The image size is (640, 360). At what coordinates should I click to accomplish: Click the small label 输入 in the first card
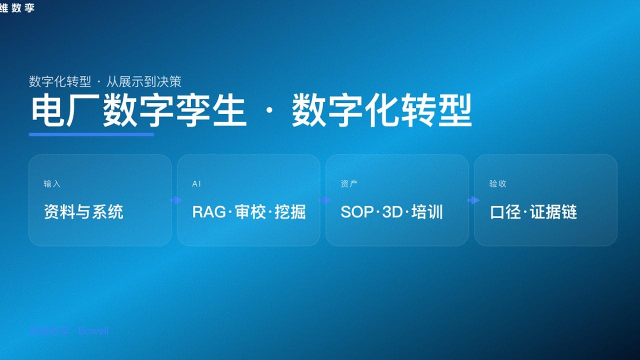click(52, 184)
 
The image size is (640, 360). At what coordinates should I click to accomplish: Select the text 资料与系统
click(83, 212)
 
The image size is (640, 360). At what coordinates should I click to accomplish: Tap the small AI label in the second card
click(196, 184)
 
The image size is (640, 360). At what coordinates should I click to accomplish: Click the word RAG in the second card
click(209, 212)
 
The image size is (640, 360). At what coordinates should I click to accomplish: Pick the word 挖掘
click(290, 212)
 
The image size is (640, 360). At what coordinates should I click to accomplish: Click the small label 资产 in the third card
click(349, 184)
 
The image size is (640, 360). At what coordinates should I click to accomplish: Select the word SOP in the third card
click(357, 212)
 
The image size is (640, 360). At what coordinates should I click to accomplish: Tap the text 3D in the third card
click(392, 212)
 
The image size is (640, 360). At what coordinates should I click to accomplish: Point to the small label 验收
click(497, 184)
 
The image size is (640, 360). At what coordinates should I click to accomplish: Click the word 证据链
click(553, 212)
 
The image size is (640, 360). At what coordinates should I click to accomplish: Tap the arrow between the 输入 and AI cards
click(176, 200)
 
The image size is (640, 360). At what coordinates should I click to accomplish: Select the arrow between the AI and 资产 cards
click(325, 200)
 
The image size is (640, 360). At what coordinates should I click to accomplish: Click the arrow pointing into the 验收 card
click(473, 200)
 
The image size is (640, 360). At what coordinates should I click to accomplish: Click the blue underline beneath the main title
click(91, 134)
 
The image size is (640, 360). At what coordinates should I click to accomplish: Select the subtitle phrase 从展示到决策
click(144, 81)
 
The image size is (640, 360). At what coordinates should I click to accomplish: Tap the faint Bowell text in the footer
click(93, 331)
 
